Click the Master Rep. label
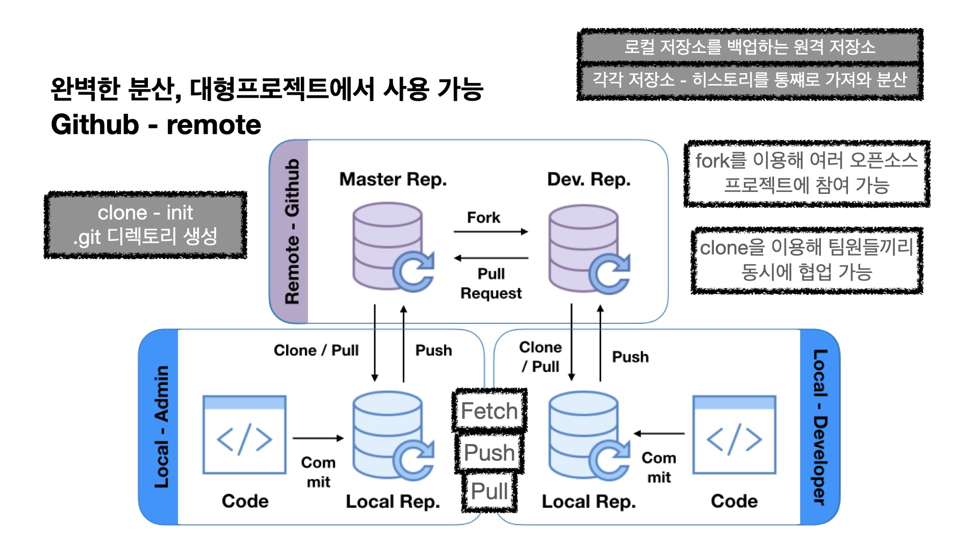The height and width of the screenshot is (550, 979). click(x=393, y=179)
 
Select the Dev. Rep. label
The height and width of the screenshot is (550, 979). click(x=588, y=179)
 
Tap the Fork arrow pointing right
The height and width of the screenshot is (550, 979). click(x=491, y=232)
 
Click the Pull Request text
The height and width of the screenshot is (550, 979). click(x=491, y=283)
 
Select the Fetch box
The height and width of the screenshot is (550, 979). click(x=489, y=411)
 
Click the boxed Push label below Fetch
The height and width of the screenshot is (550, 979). click(x=489, y=452)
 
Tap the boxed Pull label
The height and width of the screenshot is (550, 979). click(x=489, y=491)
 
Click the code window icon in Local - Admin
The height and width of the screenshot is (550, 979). click(x=244, y=435)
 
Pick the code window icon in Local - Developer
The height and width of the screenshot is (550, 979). click(x=734, y=435)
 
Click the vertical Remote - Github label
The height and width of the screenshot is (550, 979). click(x=292, y=232)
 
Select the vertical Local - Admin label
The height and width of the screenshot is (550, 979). click(x=161, y=427)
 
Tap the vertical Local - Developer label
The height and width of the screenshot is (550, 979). click(x=819, y=427)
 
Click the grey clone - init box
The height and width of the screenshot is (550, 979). click(x=146, y=225)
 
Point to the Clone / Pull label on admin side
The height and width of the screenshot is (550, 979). click(x=316, y=350)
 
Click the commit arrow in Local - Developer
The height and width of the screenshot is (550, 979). click(x=659, y=434)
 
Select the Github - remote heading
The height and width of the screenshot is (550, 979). click(x=156, y=125)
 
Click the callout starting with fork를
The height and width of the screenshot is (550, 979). click(x=807, y=173)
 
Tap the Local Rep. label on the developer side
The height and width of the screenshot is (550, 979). click(x=588, y=502)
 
